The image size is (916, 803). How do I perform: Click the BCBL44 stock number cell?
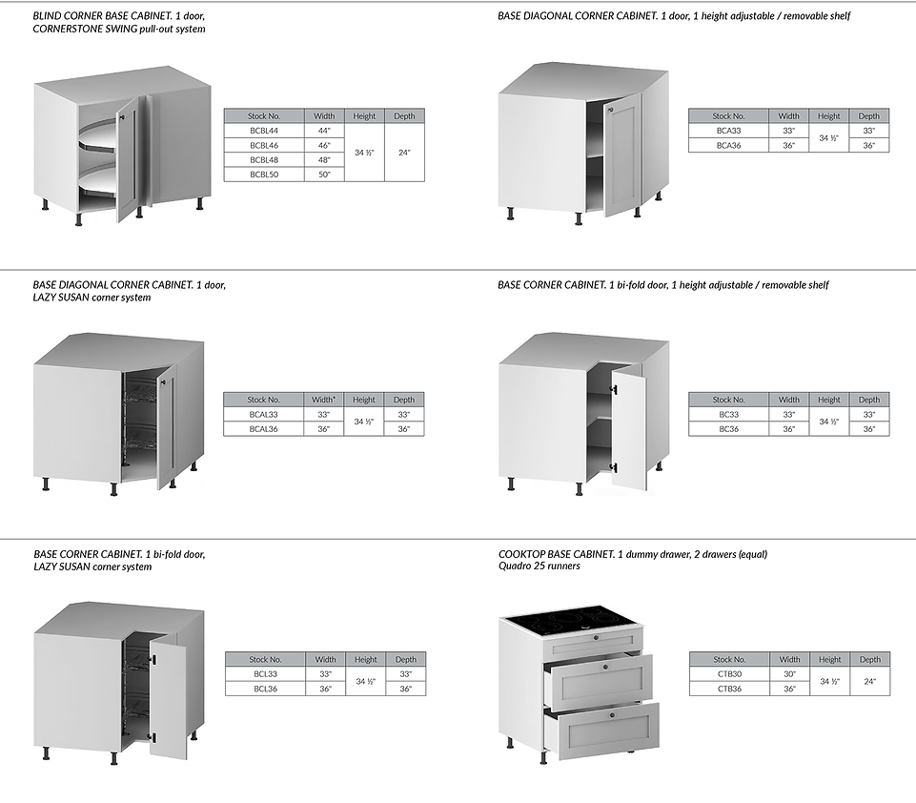pos(264,130)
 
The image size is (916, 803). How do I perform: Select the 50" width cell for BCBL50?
pos(324,175)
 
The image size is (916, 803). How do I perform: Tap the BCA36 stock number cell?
pos(728,145)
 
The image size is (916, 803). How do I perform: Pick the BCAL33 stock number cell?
pos(264,415)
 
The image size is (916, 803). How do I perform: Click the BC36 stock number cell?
pos(728,429)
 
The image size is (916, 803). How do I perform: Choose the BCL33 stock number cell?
pos(265,673)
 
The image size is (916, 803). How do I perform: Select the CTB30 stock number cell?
pos(729,673)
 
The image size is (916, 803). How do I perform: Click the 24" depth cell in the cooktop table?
pos(869,681)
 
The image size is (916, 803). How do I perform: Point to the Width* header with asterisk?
pos(324,400)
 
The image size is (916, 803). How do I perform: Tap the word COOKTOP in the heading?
pos(525,554)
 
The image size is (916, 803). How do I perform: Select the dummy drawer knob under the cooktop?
pos(597,637)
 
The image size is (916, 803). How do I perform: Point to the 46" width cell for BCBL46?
pos(324,145)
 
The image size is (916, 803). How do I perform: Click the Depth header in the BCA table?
pos(869,115)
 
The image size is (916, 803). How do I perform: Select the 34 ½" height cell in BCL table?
pos(366,681)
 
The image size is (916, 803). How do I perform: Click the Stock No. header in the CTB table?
pos(729,659)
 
